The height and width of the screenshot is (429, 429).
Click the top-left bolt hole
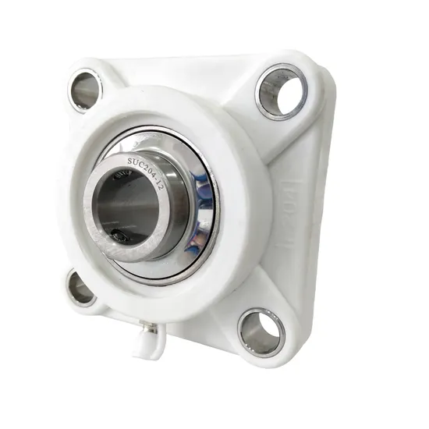[85, 90]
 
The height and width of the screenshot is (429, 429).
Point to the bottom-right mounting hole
[261, 331]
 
